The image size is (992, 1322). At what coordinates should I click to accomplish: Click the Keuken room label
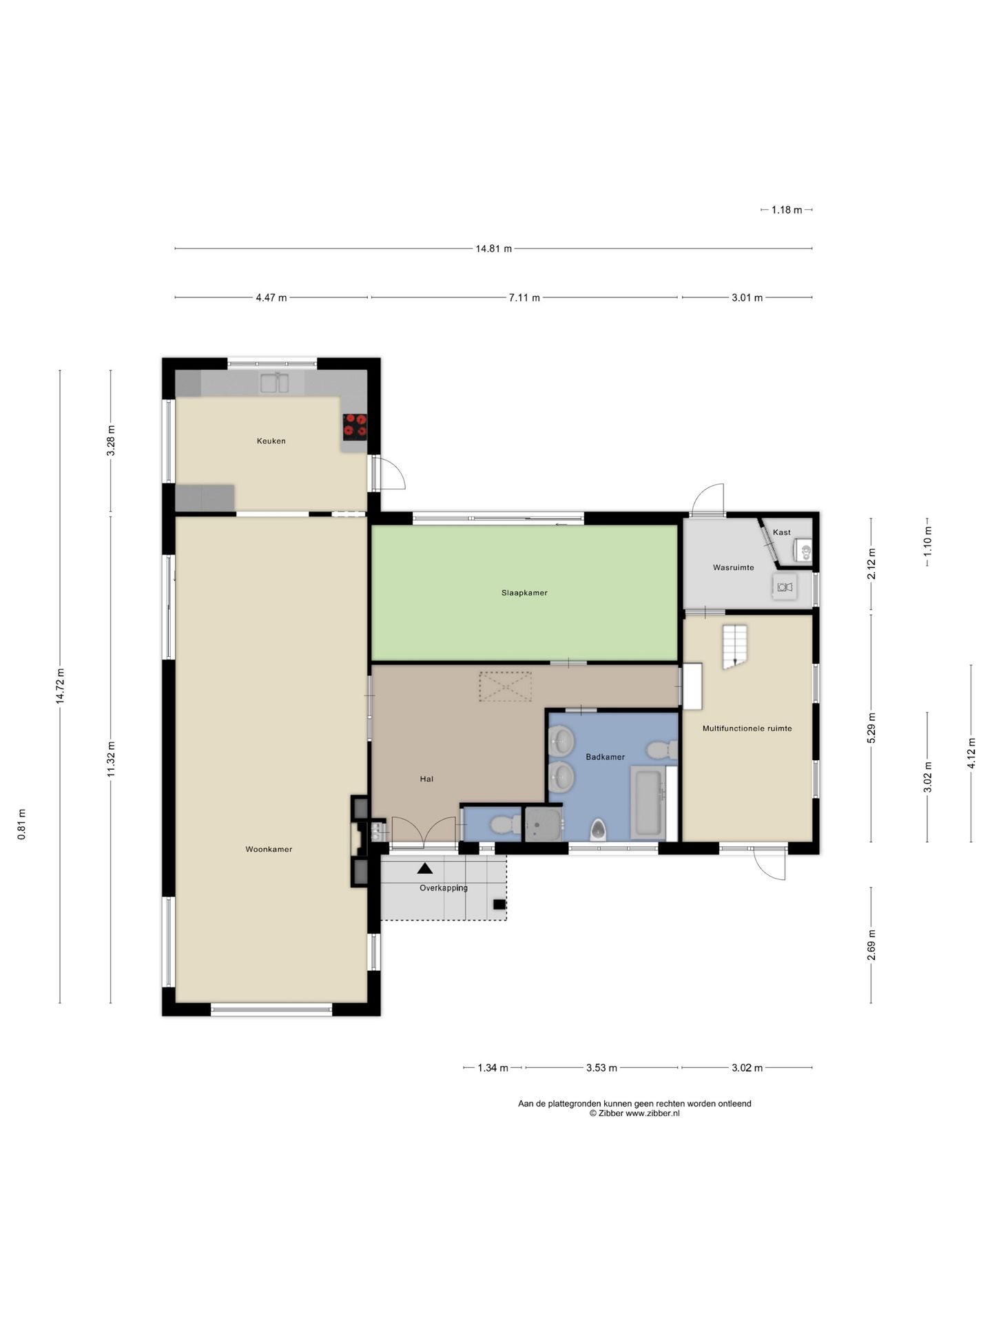[x=271, y=441]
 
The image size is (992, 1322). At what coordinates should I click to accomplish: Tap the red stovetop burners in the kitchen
[x=355, y=427]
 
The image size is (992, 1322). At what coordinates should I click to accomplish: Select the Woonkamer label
[x=269, y=849]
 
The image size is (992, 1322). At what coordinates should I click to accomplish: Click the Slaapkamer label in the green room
[x=524, y=592]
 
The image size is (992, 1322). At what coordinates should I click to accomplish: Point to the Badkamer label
[x=605, y=757]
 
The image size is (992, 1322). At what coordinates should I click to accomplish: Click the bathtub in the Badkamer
[x=648, y=804]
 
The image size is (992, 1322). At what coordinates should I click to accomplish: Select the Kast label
[x=781, y=532]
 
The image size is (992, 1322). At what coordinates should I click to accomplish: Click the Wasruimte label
[x=733, y=567]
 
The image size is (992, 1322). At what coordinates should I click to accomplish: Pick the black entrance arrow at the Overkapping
[x=425, y=868]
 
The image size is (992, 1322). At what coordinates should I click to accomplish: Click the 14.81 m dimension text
[x=493, y=249]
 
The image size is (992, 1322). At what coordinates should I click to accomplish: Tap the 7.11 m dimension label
[x=524, y=297]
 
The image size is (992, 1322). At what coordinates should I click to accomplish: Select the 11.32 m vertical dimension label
[x=110, y=759]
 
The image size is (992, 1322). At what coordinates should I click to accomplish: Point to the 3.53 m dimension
[x=601, y=1068]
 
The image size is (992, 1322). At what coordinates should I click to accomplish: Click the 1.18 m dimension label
[x=787, y=209]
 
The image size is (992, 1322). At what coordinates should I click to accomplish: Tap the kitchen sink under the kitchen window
[x=274, y=383]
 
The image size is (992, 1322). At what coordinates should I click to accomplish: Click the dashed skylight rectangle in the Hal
[x=506, y=686]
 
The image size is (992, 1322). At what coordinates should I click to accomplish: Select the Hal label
[x=426, y=779]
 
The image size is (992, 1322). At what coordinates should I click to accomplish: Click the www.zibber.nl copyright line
[x=634, y=1113]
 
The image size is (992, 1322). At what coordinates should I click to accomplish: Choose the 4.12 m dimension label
[x=971, y=753]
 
